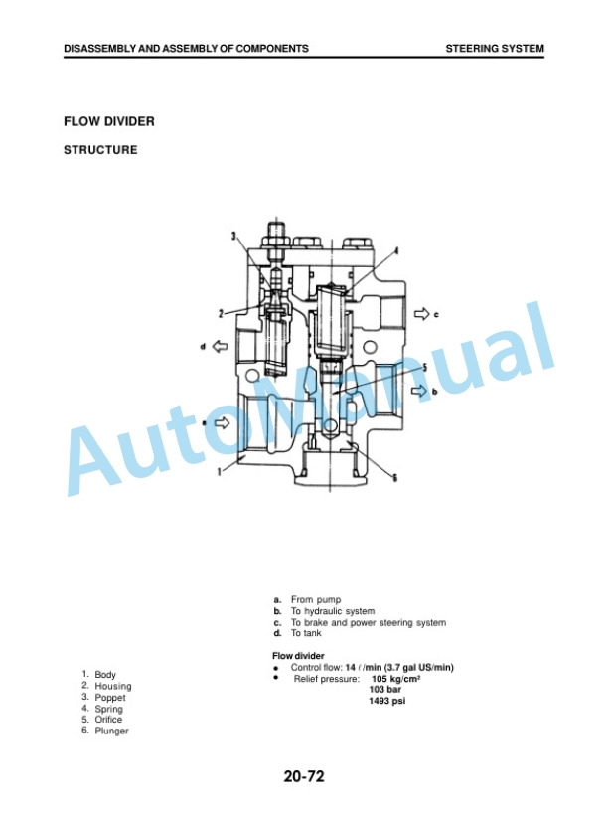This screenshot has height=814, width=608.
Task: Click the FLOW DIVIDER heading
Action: (x=109, y=121)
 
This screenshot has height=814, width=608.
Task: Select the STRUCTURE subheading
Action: (x=100, y=150)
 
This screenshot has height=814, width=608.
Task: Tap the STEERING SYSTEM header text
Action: (x=495, y=49)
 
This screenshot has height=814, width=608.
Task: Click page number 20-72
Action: (x=304, y=776)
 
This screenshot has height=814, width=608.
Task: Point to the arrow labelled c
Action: (x=422, y=313)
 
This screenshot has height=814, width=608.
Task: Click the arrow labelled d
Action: (x=221, y=346)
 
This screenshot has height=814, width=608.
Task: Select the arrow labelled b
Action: (x=419, y=391)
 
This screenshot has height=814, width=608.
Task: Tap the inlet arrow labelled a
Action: (x=222, y=423)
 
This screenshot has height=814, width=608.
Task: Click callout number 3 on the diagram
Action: (x=234, y=237)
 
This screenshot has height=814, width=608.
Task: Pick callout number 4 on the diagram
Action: (x=396, y=251)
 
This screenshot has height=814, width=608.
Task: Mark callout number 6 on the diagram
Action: (x=394, y=478)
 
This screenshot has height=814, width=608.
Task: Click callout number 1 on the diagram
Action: (x=219, y=471)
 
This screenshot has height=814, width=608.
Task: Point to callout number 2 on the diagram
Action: (x=221, y=313)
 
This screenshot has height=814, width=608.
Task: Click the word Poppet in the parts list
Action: (x=110, y=697)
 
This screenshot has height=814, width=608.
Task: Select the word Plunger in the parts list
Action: (x=111, y=731)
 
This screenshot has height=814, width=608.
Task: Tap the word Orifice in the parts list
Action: (x=108, y=720)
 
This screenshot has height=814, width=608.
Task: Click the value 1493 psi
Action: (x=387, y=701)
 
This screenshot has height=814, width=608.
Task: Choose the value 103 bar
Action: (x=384, y=690)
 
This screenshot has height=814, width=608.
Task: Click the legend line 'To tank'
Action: (x=306, y=633)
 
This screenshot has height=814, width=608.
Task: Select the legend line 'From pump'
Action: (x=316, y=600)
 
